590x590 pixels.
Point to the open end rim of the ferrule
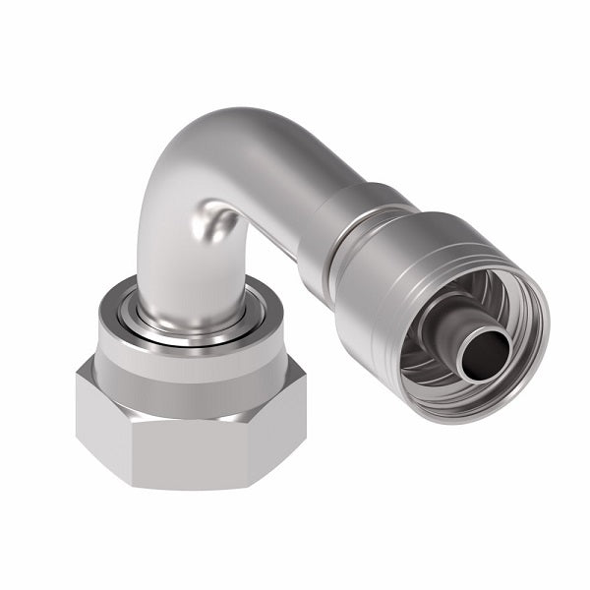531,285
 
